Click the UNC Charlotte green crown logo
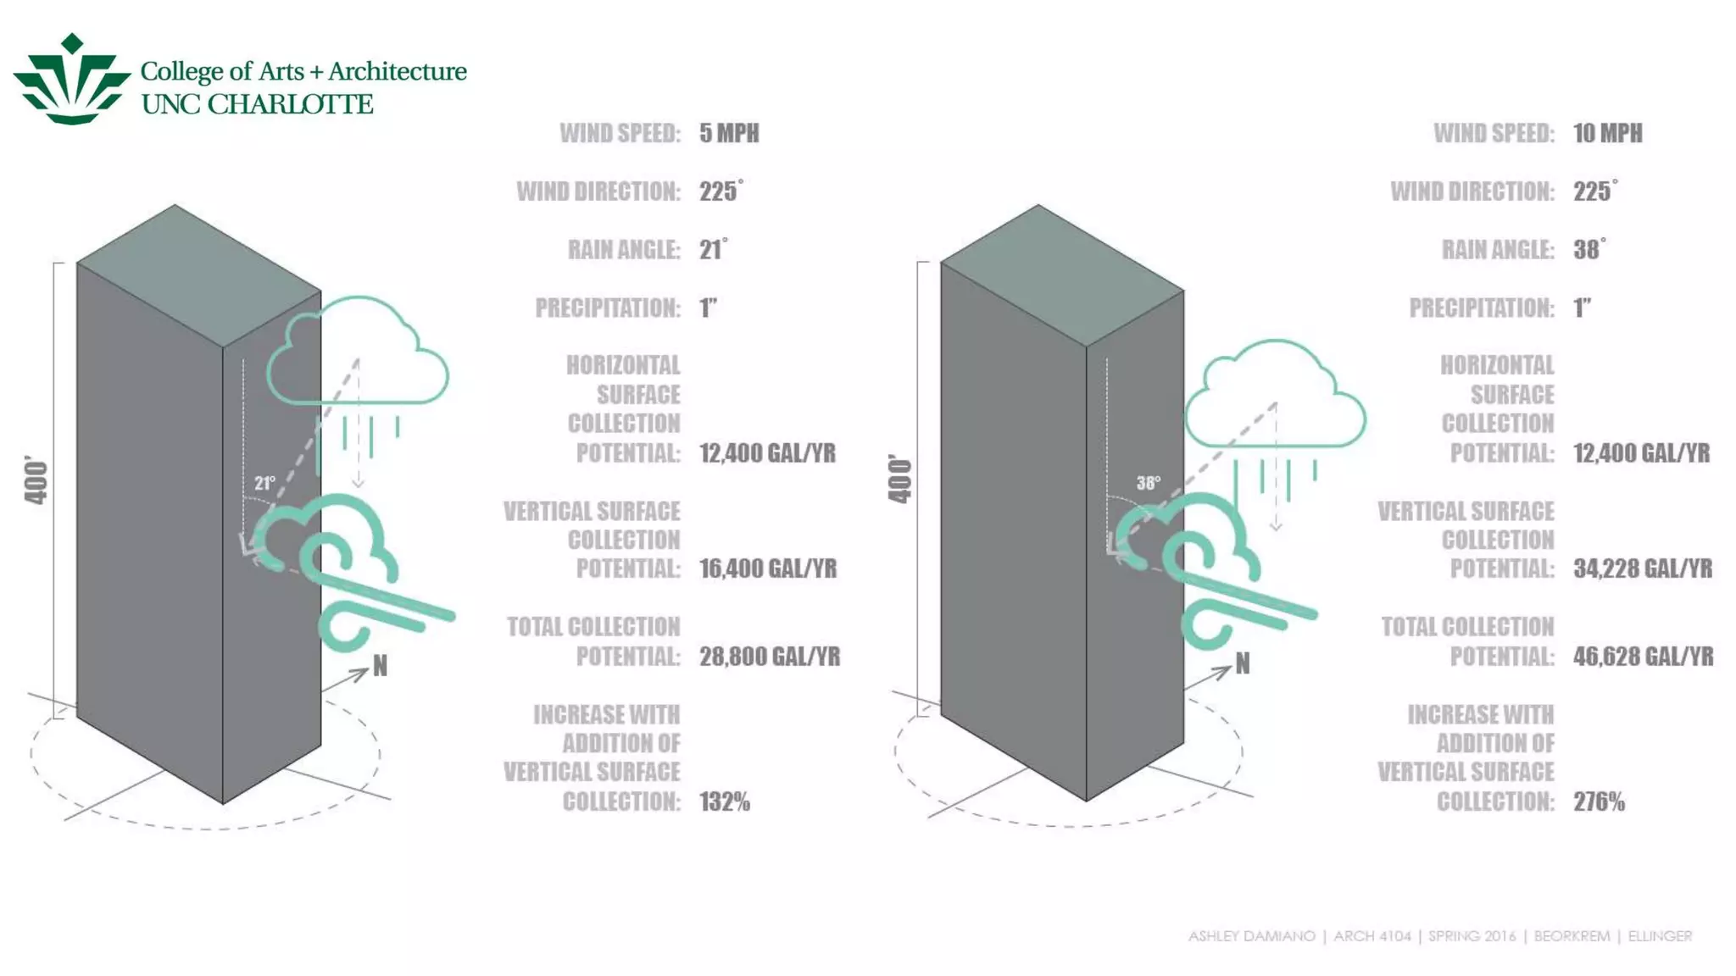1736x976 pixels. click(x=72, y=80)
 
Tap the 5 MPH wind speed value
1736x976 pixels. click(x=729, y=133)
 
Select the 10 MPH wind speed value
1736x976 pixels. click(x=1607, y=133)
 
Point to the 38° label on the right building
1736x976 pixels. click(x=1149, y=483)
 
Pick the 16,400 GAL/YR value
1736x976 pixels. click(x=768, y=568)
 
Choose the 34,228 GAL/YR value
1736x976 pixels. click(x=1643, y=568)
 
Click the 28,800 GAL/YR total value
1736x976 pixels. click(x=770, y=657)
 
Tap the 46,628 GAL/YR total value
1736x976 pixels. click(x=1643, y=657)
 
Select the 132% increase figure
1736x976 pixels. click(x=725, y=801)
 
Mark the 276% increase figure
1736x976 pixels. click(x=1599, y=801)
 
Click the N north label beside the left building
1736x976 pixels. click(x=380, y=666)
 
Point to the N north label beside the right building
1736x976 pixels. click(x=1243, y=663)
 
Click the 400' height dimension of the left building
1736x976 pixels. click(x=36, y=480)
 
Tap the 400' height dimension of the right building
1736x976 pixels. click(x=899, y=479)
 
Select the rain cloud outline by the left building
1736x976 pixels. click(x=358, y=352)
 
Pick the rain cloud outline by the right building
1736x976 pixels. click(x=1275, y=394)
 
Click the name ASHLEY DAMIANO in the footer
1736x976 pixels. click(x=1251, y=936)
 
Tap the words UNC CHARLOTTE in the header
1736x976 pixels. click(x=257, y=104)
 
